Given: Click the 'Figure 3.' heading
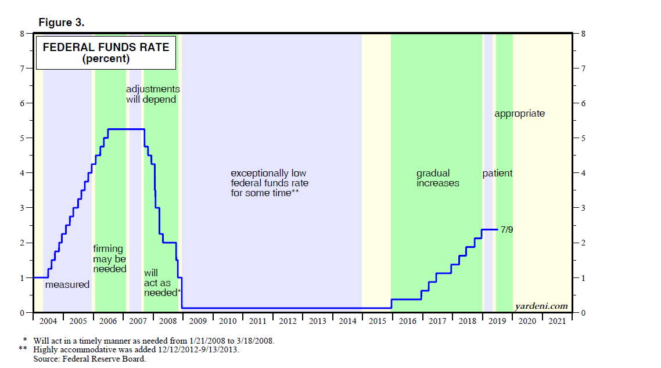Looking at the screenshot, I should point(61,22).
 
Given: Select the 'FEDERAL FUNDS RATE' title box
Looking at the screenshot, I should point(106,53).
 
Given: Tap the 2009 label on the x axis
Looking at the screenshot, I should point(197,321).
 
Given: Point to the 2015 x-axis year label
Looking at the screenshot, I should point(377,321).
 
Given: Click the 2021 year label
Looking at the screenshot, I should point(556,321).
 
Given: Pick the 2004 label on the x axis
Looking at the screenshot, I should point(48,321).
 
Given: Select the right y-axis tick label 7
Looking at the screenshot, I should point(583,68).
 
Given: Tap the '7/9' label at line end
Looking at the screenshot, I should point(506,230).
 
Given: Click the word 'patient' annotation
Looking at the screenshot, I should point(497,174).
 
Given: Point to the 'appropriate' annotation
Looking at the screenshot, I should point(519,114).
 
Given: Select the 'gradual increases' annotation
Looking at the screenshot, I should point(437,178).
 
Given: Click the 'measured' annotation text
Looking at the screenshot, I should point(67,284).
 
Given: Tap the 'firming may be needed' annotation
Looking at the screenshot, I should point(109,259).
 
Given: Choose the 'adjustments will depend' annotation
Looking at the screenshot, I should point(153,95).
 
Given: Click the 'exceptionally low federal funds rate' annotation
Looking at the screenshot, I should point(270,183).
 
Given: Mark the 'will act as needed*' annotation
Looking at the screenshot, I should point(162,283).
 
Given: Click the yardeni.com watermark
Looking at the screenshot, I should point(541,306).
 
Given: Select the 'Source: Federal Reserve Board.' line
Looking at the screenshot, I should point(89,359).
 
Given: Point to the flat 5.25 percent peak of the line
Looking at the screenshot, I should point(125,129).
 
